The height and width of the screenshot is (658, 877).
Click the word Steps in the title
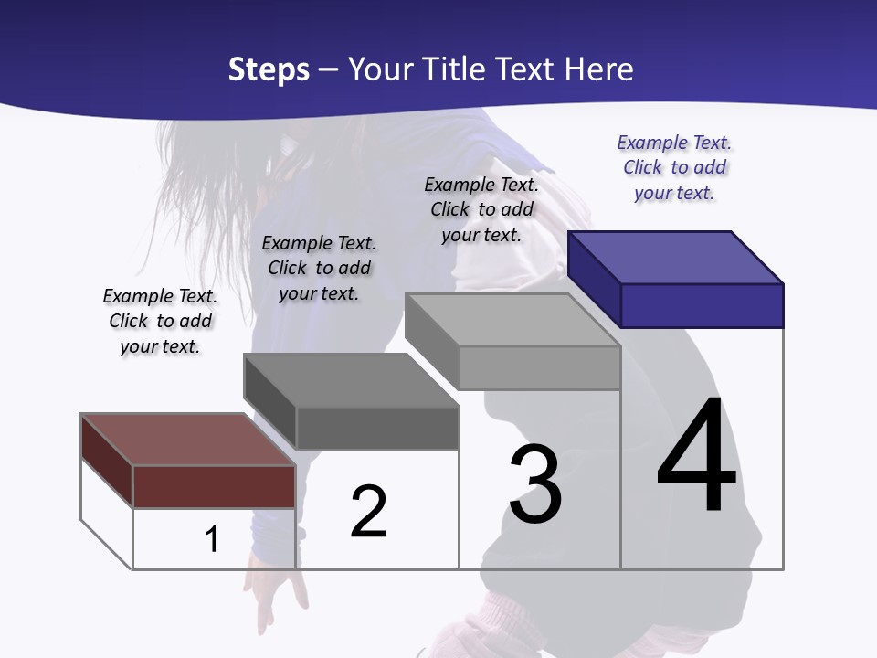click(269, 69)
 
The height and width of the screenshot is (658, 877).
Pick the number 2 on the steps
click(369, 512)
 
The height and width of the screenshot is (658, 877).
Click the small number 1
click(212, 539)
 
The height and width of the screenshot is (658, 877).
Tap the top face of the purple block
click(676, 258)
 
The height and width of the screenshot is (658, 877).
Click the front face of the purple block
click(702, 305)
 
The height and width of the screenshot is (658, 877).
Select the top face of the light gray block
click(512, 320)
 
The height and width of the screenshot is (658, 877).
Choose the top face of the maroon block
click(188, 440)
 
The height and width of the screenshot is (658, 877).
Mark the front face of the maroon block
click(214, 486)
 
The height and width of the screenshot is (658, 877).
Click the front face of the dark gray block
click(376, 428)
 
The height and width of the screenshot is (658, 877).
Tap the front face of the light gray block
click(539, 367)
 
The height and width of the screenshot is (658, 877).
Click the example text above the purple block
click(674, 168)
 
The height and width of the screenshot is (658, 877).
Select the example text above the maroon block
click(160, 321)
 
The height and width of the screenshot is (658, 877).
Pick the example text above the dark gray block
click(319, 268)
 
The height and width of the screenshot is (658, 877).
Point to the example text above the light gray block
click(481, 209)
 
